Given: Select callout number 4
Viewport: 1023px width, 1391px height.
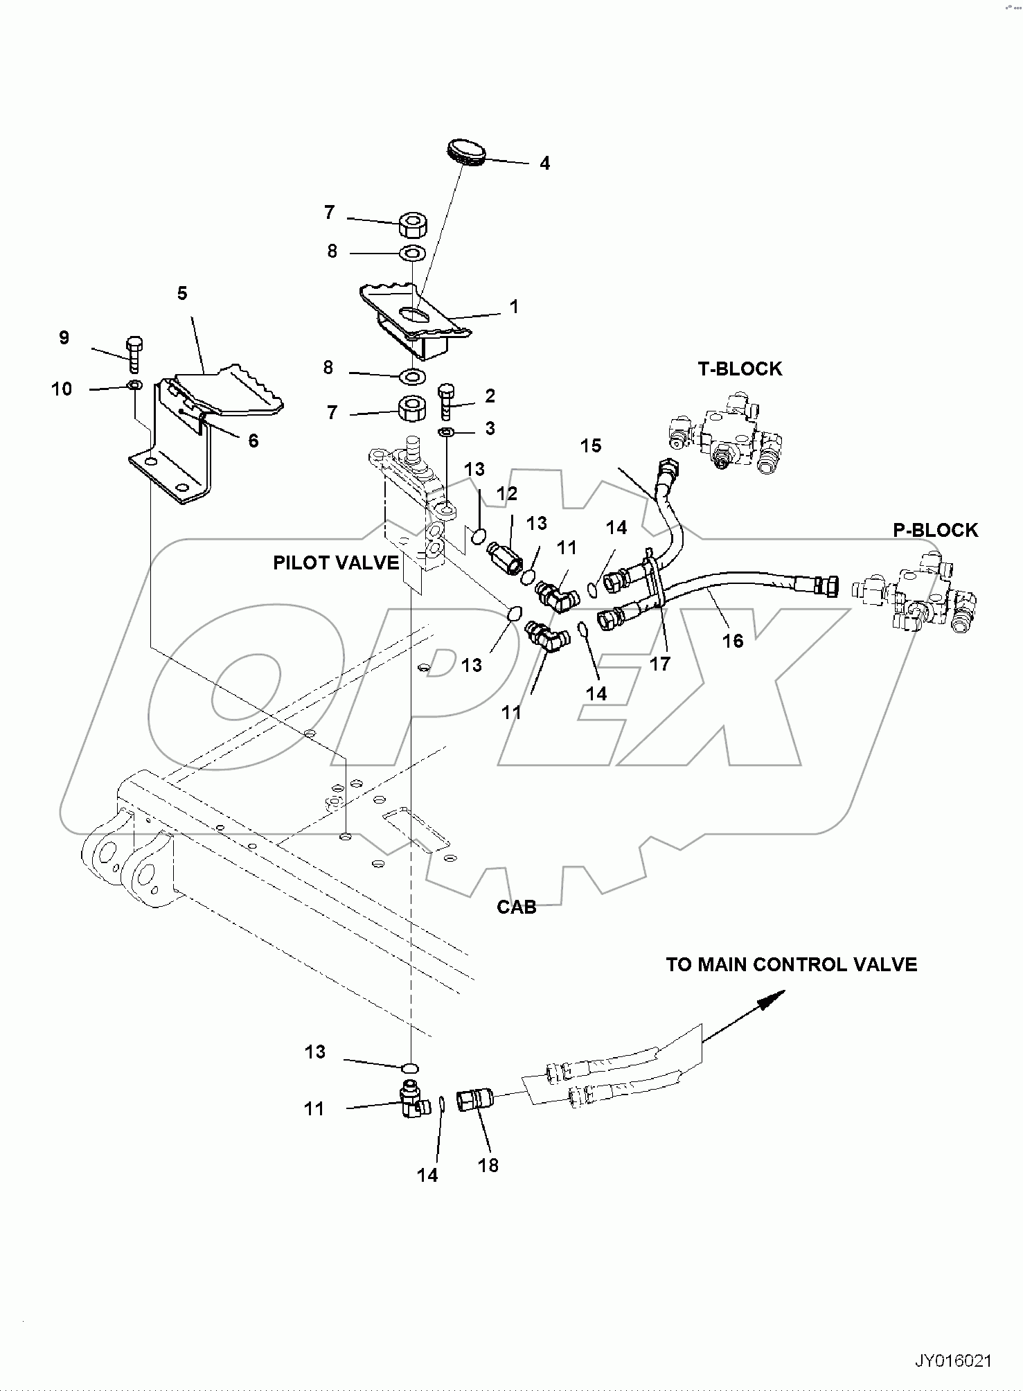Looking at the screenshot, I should pyautogui.click(x=544, y=163).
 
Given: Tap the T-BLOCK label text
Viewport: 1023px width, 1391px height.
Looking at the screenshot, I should pyautogui.click(x=740, y=369).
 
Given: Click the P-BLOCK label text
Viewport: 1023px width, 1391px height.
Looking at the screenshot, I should pyautogui.click(x=935, y=530).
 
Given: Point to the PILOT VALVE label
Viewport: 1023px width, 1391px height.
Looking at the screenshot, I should pyautogui.click(x=336, y=562).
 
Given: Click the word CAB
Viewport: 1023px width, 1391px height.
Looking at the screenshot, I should pyautogui.click(x=517, y=907).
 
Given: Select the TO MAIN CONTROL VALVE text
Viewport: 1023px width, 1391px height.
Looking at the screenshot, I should pyautogui.click(x=791, y=964).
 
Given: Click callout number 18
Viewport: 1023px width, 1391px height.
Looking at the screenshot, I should pyautogui.click(x=488, y=1165).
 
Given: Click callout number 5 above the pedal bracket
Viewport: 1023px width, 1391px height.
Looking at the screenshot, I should pyautogui.click(x=182, y=293).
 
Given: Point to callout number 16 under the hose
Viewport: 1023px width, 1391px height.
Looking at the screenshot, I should pyautogui.click(x=733, y=641).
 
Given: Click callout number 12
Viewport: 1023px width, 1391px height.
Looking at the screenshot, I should pyautogui.click(x=507, y=493).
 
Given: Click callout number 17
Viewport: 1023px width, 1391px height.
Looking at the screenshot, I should pyautogui.click(x=659, y=664).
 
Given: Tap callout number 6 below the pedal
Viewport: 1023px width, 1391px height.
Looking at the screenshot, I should pyautogui.click(x=253, y=441).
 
